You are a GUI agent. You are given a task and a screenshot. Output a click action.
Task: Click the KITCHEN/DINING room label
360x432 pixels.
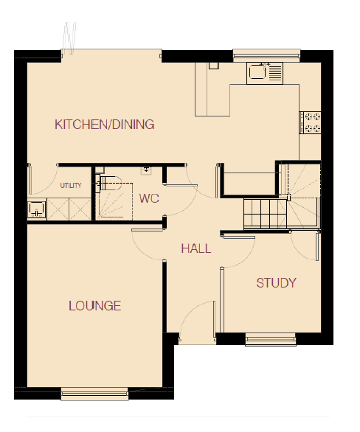tap(105, 125)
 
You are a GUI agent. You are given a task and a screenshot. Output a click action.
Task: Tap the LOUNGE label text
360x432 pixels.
tap(95, 306)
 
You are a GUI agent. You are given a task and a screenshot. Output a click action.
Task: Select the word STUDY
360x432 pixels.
tap(276, 283)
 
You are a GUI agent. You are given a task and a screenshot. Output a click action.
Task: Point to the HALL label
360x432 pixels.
tap(196, 248)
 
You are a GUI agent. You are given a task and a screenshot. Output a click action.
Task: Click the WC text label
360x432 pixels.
tap(149, 198)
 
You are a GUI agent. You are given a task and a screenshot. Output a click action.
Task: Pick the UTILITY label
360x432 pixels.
tap(71, 186)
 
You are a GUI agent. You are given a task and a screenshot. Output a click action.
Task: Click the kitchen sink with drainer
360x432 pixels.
tap(265, 73)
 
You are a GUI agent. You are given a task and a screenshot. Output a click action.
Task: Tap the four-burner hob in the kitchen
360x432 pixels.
tap(311, 122)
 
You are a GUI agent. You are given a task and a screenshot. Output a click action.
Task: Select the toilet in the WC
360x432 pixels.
tap(108, 183)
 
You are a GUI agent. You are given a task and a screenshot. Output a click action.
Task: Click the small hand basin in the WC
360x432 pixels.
tap(146, 170)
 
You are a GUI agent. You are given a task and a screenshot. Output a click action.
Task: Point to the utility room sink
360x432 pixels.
tap(37, 209)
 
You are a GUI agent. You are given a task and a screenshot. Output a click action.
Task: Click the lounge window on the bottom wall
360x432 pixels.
tap(94, 394)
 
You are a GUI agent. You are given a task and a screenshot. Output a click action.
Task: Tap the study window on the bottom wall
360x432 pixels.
tap(271, 339)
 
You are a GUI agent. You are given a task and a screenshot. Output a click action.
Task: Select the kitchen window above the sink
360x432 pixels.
tap(266, 55)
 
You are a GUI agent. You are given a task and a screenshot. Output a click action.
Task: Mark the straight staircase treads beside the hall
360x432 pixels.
tap(265, 214)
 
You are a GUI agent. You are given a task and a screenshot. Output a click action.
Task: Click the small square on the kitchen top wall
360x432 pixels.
tap(213, 66)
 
